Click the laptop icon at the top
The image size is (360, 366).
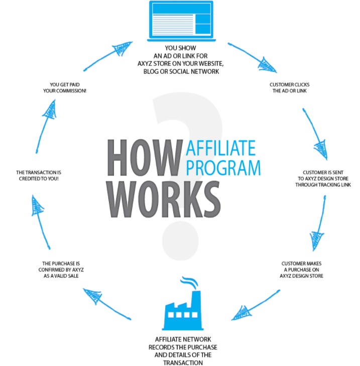point(181,21)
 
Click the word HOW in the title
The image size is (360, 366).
point(145,158)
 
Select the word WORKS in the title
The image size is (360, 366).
point(163,199)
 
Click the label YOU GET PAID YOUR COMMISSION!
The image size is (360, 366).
point(65,87)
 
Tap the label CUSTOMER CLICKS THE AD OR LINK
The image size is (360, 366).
point(290,87)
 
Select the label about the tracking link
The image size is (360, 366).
point(323,179)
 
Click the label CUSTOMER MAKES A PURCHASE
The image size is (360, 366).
point(301,270)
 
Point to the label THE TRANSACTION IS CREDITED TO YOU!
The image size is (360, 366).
point(39,176)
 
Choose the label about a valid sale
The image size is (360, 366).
point(61,270)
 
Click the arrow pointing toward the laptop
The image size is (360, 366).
point(108,56)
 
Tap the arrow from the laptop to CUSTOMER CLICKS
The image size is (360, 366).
point(252,58)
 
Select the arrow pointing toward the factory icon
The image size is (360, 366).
point(256,305)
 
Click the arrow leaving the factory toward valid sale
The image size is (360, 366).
point(107,304)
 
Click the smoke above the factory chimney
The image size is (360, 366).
point(189,282)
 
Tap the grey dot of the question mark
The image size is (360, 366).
point(180,241)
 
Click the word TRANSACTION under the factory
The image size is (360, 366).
point(183,362)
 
